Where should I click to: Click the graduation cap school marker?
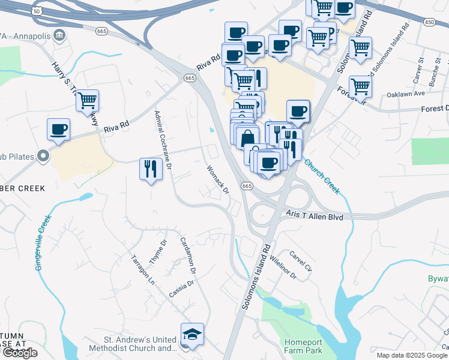(192, 335)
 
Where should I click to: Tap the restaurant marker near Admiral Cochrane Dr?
(151, 169)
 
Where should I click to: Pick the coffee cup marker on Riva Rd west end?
(59, 130)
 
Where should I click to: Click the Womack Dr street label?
(217, 179)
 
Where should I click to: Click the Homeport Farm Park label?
(304, 346)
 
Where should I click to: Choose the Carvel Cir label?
(300, 260)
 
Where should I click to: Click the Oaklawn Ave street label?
(405, 94)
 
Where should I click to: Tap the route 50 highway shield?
(37, 11)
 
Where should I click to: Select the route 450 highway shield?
(428, 22)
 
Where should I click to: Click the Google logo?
(20, 352)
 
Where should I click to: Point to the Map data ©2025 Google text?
(411, 355)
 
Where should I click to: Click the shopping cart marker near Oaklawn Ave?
(360, 86)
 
